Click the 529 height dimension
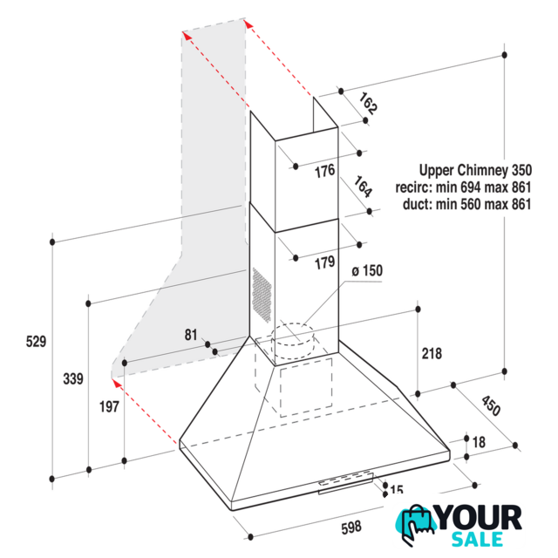[36, 342]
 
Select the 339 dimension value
[73, 378]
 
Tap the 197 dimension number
[109, 406]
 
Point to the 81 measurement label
[191, 335]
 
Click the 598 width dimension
[351, 527]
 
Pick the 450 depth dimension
[491, 405]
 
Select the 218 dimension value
[432, 354]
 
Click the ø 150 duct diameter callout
[367, 271]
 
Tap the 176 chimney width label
[324, 171]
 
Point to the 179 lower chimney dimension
[324, 263]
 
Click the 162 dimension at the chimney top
[368, 103]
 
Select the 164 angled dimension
[363, 187]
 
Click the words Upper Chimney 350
[475, 170]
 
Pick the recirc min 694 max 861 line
[463, 187]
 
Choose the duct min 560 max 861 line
[467, 204]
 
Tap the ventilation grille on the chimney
[262, 295]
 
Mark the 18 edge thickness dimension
[479, 442]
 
